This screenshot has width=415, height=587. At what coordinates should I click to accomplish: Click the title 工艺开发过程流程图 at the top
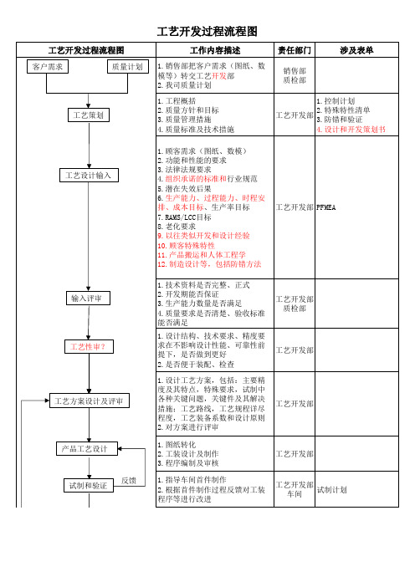207,32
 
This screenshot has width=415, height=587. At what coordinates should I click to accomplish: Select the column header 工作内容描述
215,50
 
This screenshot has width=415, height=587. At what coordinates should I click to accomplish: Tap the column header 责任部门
295,50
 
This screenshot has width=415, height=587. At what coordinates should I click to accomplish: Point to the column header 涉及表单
356,50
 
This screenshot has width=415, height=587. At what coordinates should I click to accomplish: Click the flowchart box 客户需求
48,67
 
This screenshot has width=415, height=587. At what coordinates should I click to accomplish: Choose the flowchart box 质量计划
128,67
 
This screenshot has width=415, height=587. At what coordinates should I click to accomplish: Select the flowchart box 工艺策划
89,115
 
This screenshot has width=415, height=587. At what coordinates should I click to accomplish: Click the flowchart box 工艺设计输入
89,176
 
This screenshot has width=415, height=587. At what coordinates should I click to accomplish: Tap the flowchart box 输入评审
88,298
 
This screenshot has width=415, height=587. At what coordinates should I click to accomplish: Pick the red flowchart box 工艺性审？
89,347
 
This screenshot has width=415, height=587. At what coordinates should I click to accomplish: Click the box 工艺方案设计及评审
90,401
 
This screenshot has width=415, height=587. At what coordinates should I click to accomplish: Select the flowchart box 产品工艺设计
87,448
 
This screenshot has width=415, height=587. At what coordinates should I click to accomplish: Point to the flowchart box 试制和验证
89,486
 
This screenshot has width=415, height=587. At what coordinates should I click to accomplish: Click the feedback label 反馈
129,481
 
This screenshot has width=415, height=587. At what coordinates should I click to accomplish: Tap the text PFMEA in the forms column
325,207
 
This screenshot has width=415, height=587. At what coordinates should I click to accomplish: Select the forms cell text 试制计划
332,490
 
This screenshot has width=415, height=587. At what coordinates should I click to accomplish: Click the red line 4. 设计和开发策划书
351,130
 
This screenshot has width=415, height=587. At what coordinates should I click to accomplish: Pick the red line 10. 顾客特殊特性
186,246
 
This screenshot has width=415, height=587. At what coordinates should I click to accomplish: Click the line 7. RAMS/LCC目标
184,217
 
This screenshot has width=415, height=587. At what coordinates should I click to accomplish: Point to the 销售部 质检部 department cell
295,75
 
